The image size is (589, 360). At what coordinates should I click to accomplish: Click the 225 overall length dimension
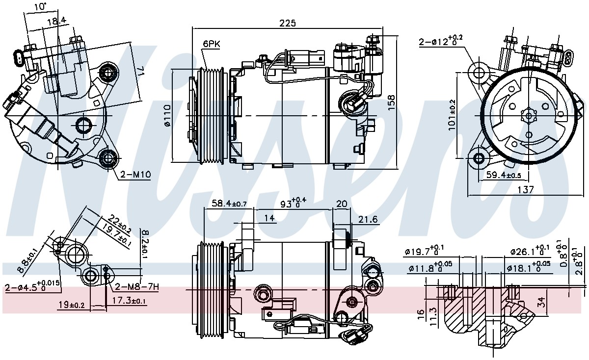pyautogui.click(x=288, y=24)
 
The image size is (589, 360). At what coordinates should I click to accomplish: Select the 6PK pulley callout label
pyautogui.click(x=212, y=44)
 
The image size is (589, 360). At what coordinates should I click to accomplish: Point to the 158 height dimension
pyautogui.click(x=391, y=102)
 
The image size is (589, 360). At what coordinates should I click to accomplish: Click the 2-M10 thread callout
pyautogui.click(x=135, y=174)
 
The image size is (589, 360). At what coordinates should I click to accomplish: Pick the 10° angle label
pyautogui.click(x=40, y=6)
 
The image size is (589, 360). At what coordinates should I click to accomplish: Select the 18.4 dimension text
pyautogui.click(x=56, y=22)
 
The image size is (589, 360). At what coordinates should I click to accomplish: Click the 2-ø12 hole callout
pyautogui.click(x=441, y=41)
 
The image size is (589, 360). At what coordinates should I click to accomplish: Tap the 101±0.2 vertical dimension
pyautogui.click(x=452, y=115)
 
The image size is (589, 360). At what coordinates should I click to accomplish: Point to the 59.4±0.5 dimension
pyautogui.click(x=504, y=175)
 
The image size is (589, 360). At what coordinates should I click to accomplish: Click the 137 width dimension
pyautogui.click(x=526, y=189)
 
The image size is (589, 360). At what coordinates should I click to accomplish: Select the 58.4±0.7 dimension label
pyautogui.click(x=229, y=203)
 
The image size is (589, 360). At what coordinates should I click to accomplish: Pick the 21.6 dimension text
pyautogui.click(x=368, y=219)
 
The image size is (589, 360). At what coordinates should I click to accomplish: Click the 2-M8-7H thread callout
pyautogui.click(x=137, y=287)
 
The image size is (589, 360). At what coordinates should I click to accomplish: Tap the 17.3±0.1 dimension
pyautogui.click(x=129, y=300)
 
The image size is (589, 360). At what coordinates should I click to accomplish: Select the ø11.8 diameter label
pyautogui.click(x=430, y=267)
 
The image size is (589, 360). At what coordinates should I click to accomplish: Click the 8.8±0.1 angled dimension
pyautogui.click(x=27, y=260)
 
